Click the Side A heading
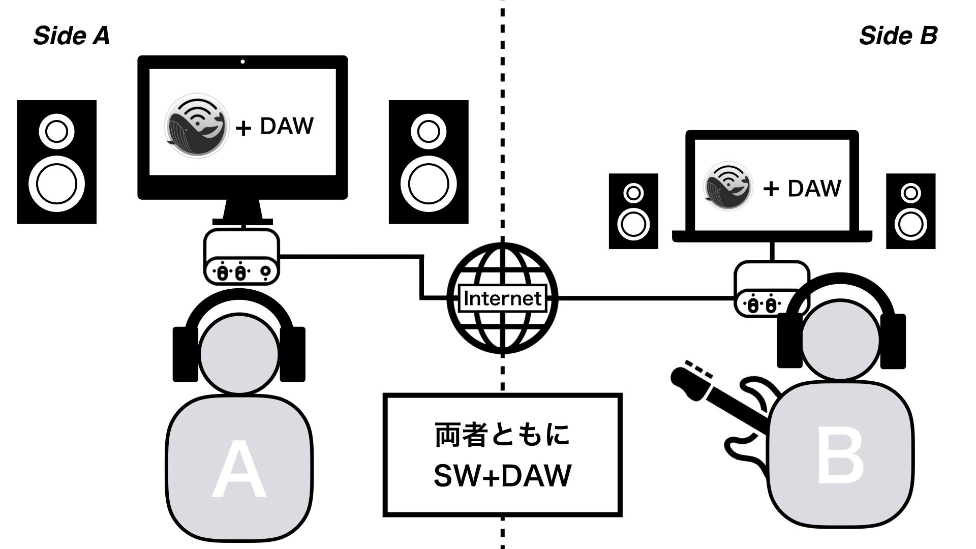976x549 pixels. click(x=72, y=36)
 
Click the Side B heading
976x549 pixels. click(x=898, y=36)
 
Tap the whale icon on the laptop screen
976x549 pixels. click(x=728, y=187)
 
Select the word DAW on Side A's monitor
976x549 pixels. click(x=287, y=126)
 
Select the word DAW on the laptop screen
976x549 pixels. click(x=814, y=188)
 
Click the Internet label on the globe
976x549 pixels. click(x=503, y=298)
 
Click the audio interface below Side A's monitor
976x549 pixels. click(x=241, y=257)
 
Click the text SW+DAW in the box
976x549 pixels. click(x=503, y=475)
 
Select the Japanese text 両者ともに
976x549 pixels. click(x=503, y=435)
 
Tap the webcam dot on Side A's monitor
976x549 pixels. click(x=242, y=62)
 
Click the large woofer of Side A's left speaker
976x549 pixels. click(x=56, y=184)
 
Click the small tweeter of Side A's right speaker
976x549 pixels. click(x=429, y=131)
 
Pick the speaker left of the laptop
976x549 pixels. click(x=633, y=211)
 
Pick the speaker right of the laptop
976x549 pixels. click(x=910, y=211)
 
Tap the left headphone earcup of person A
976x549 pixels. click(x=185, y=354)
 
